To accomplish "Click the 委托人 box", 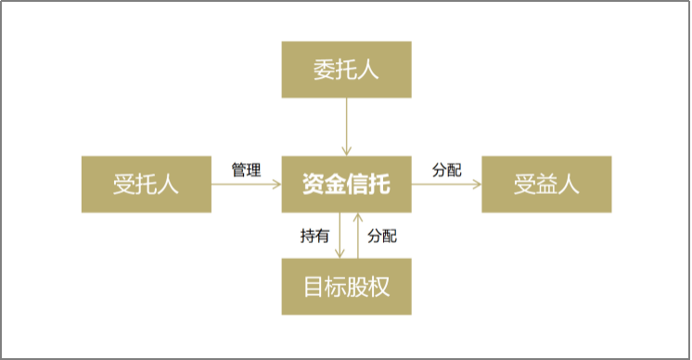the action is click(x=346, y=70).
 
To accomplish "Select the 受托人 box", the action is click(x=147, y=185).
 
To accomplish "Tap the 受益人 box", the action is click(x=546, y=185).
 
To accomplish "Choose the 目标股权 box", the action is click(x=346, y=286).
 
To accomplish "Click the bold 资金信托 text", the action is click(x=346, y=185).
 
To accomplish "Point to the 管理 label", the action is click(x=246, y=171).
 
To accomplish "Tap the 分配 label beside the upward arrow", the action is click(x=382, y=236).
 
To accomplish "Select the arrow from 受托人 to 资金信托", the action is click(x=246, y=185).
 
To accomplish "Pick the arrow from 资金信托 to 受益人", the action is click(x=446, y=185).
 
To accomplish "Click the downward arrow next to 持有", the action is click(x=339, y=235).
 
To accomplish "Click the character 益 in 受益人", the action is click(x=546, y=185).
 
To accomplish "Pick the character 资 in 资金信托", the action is click(x=314, y=185).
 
